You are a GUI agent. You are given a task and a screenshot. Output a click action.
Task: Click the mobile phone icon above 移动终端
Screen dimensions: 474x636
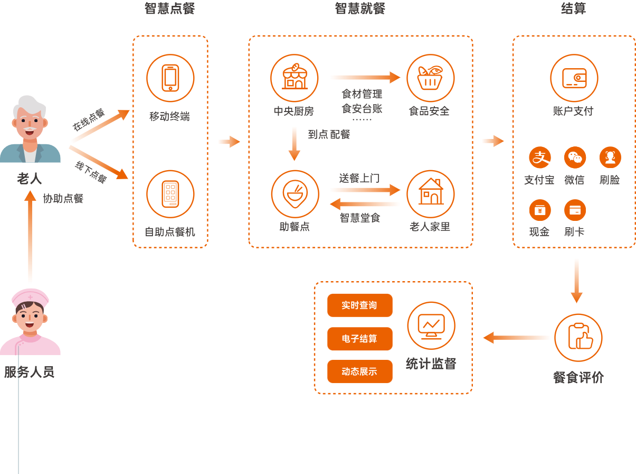coord(170,78)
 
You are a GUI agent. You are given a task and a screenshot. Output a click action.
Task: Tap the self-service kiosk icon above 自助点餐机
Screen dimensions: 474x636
coord(170,194)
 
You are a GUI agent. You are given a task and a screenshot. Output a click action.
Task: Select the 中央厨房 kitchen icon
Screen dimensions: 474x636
coord(294,78)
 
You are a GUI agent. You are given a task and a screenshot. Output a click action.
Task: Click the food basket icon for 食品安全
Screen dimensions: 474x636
coord(430,78)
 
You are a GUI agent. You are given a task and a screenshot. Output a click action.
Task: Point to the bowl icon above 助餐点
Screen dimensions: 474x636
coord(295,194)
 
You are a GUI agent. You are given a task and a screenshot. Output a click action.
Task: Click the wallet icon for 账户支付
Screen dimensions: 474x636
coord(574,78)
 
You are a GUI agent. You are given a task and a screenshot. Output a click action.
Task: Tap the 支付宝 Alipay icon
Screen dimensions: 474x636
coord(539,157)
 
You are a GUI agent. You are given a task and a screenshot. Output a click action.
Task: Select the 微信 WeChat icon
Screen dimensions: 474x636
coord(574,157)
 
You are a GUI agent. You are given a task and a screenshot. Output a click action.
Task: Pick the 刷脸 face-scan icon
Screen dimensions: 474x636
coord(610,157)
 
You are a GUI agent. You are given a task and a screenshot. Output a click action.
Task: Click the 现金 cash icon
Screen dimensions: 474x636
coord(539,210)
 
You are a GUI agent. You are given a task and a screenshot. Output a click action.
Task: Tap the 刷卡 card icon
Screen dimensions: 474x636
coord(574,210)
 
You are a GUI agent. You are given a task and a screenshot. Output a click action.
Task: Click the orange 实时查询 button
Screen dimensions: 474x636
coord(359,305)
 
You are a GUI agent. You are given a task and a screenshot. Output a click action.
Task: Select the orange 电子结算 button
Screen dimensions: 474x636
coord(359,339)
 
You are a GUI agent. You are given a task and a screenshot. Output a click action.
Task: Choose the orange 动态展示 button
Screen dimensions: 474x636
coord(359,371)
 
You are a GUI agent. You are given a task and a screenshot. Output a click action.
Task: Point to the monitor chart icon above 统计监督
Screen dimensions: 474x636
coord(431,326)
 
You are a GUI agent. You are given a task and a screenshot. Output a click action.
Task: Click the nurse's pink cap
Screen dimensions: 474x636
coord(30,298)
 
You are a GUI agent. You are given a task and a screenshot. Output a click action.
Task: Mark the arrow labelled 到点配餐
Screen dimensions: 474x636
coord(294,143)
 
